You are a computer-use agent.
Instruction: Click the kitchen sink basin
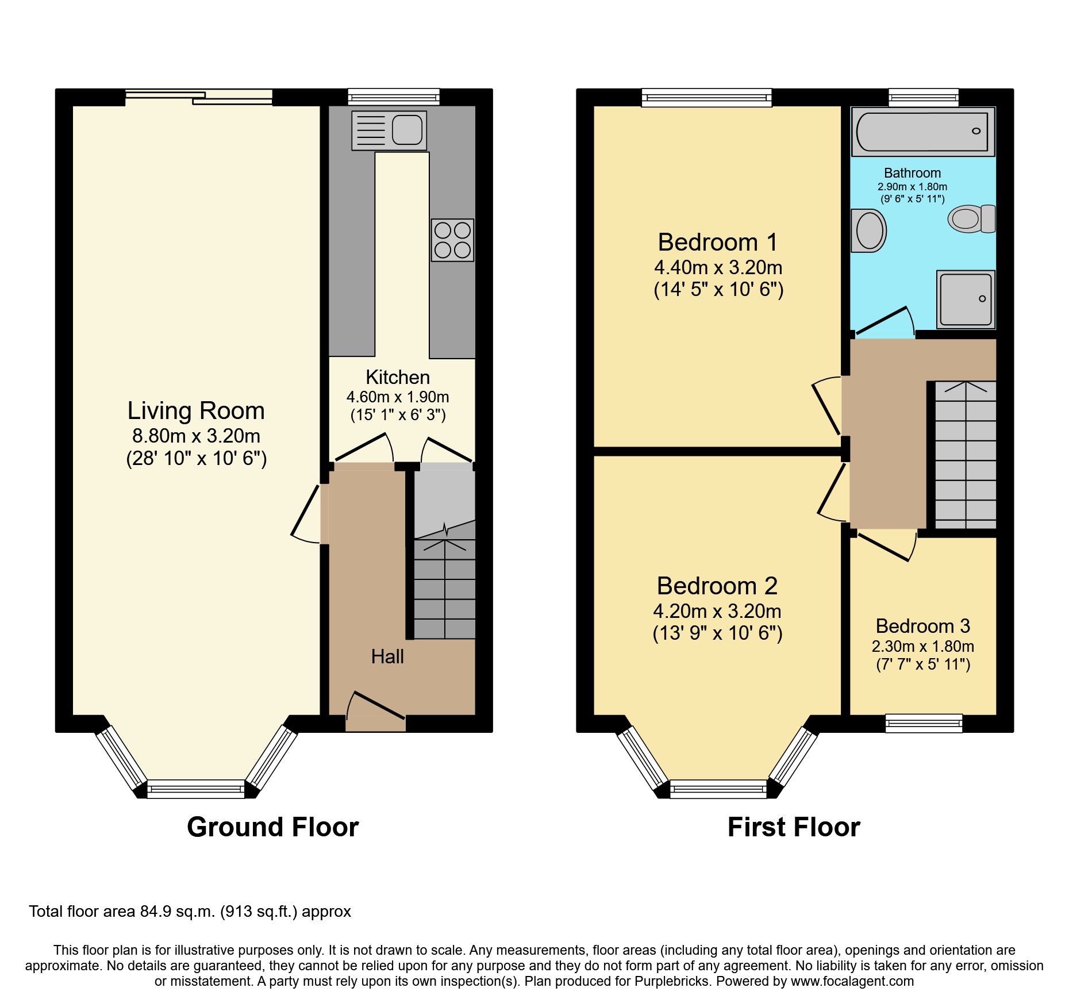coord(407,129)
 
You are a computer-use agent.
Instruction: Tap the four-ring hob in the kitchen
coord(452,240)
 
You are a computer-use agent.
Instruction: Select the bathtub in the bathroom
coord(922,132)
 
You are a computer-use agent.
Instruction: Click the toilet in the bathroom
coord(972,219)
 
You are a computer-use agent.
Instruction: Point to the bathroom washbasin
coord(868,231)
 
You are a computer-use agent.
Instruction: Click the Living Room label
coord(196,410)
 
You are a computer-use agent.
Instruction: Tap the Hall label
coord(387,656)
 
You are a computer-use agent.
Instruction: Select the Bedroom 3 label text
coord(922,626)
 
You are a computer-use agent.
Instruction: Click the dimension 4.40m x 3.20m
coord(718,268)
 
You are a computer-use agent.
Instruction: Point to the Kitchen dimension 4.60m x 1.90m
coord(398,397)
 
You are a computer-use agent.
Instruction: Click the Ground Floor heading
coord(272,827)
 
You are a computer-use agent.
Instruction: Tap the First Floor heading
coord(794,827)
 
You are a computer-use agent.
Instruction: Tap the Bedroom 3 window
coord(924,723)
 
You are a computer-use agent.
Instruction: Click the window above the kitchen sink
coord(394,97)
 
